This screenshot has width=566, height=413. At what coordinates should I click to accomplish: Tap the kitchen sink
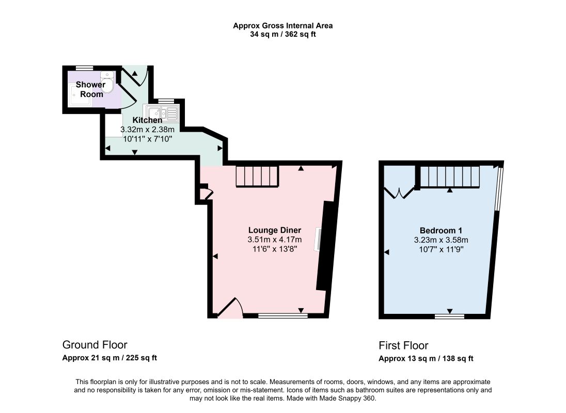tap(161, 113)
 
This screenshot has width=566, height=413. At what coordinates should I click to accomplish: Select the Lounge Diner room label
tap(275, 230)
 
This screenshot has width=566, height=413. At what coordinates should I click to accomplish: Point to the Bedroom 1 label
tap(441, 230)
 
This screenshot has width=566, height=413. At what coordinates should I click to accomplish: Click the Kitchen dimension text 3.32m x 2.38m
tap(147, 130)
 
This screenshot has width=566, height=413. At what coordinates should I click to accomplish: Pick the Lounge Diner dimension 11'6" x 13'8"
tap(275, 249)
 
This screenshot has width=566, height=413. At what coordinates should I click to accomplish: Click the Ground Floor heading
tap(95, 345)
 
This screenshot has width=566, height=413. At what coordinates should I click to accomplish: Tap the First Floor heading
tap(403, 345)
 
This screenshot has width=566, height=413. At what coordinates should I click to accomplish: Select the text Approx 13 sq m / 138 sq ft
tap(426, 358)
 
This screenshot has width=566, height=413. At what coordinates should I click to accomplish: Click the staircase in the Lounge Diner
tap(257, 176)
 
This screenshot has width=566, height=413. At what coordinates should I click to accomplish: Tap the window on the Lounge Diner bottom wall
tap(283, 316)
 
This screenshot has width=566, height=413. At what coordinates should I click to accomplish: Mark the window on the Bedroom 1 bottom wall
tap(449, 316)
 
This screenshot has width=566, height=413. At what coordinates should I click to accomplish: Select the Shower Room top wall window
tap(85, 68)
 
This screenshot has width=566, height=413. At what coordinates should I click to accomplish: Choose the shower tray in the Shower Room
tap(80, 95)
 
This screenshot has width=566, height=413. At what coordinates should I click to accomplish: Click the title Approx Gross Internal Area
tap(282, 26)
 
